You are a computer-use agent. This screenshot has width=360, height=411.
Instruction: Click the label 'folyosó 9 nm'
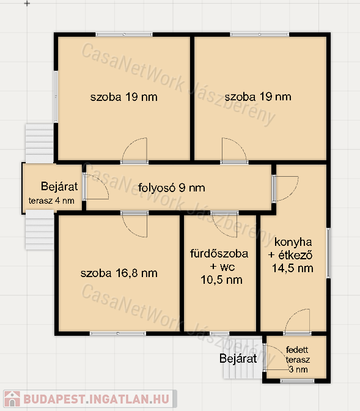coord(171,188)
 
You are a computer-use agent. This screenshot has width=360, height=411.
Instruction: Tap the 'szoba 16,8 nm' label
coord(119,273)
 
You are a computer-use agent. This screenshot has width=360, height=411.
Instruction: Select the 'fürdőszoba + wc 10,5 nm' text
coord(219,267)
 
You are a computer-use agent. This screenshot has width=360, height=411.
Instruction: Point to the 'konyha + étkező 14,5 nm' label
coord(292,255)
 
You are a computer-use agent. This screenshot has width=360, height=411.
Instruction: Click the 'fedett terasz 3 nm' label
coord(298,360)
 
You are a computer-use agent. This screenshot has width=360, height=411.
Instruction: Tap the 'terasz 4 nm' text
coord(51,201)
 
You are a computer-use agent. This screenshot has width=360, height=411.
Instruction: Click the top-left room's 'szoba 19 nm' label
coord(123,97)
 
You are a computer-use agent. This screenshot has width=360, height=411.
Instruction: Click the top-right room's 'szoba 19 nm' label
coord(258,97)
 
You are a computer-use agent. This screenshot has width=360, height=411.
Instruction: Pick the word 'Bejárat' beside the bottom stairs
coord(238,358)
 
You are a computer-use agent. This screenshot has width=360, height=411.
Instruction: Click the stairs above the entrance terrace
coord(40,143)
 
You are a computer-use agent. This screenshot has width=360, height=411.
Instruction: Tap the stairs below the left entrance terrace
coord(40,230)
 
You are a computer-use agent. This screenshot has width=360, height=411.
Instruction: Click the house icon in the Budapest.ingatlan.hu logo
coord(12,399)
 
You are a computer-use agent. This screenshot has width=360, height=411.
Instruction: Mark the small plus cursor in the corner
coord(27,4)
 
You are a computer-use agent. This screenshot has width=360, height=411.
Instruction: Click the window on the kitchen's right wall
coord(328,253)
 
